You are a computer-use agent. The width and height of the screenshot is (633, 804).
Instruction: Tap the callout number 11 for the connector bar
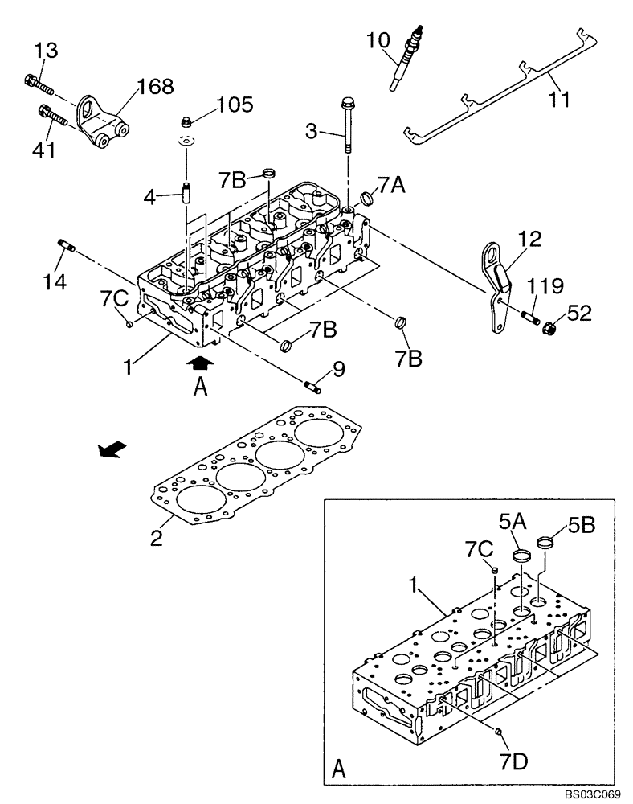tap(559, 100)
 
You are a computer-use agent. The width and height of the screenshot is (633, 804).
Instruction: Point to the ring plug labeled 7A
tap(367, 199)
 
